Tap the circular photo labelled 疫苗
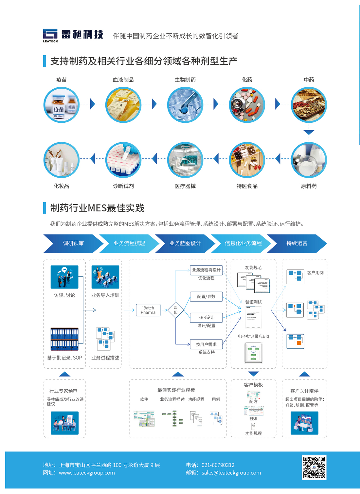62,105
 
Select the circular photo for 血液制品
123,105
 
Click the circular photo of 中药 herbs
309,105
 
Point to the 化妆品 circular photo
62,160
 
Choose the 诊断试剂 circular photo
123,160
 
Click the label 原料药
309,186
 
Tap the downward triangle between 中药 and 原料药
309,132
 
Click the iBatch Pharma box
148,310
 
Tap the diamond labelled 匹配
175,310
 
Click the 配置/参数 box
206,297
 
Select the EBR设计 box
206,317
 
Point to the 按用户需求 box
206,344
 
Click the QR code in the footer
314,468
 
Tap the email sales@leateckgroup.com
231,473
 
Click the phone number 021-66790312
218,465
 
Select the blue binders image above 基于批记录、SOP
64,339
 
